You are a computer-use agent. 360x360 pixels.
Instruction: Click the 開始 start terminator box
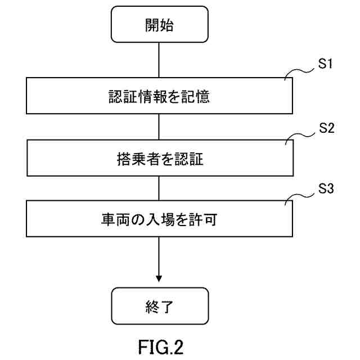[160, 25]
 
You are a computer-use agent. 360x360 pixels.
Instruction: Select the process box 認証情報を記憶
[160, 97]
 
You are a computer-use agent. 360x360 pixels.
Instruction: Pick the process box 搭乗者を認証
[160, 160]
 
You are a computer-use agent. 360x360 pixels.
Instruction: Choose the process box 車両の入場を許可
[160, 220]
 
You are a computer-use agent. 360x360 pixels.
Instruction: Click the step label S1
[326, 64]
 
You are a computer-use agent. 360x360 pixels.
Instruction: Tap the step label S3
[326, 188]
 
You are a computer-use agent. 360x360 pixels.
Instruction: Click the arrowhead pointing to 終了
[160, 277]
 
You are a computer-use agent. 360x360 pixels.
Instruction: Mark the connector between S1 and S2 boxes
[160, 128]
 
